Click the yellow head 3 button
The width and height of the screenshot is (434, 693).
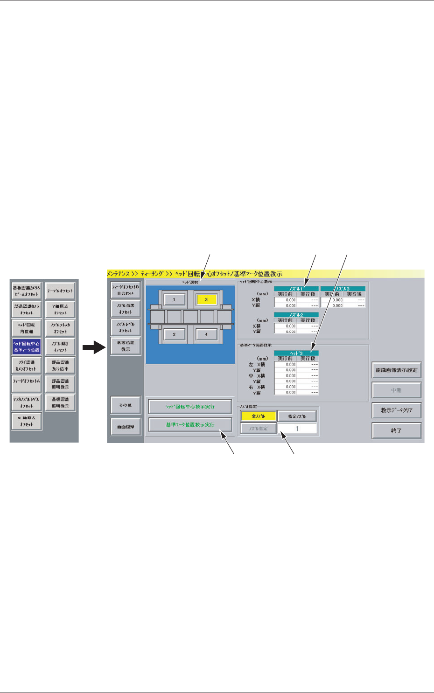pyautogui.click(x=206, y=299)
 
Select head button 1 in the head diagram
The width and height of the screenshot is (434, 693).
pyautogui.click(x=174, y=299)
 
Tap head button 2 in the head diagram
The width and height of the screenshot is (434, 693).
pyautogui.click(x=174, y=334)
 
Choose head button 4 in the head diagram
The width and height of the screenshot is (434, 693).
pyautogui.click(x=206, y=334)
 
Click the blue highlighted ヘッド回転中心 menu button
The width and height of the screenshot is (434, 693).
pyautogui.click(x=27, y=346)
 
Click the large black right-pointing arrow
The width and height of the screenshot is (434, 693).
pyautogui.click(x=93, y=347)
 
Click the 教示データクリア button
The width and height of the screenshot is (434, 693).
pyautogui.click(x=396, y=410)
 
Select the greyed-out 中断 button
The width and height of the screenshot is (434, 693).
pyautogui.click(x=396, y=390)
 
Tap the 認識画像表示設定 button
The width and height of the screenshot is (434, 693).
pyautogui.click(x=396, y=370)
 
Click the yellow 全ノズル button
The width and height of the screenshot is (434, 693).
pyautogui.click(x=258, y=416)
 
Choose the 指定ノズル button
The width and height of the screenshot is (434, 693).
pyautogui.click(x=297, y=416)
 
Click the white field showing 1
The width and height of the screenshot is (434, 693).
pyautogui.click(x=297, y=429)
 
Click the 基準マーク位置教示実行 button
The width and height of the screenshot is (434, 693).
pyautogui.click(x=190, y=425)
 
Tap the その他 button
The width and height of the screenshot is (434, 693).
pyautogui.click(x=126, y=405)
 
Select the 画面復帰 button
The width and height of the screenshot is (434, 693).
pyautogui.click(x=126, y=427)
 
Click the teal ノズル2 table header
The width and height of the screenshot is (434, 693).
pyautogui.click(x=296, y=315)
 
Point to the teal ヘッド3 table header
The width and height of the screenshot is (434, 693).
pyautogui.click(x=296, y=353)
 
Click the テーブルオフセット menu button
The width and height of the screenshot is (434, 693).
pyautogui.click(x=60, y=291)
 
